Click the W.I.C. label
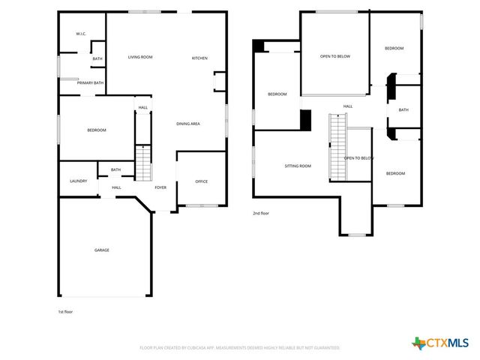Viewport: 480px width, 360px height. click(81, 34)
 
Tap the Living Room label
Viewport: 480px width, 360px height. click(140, 57)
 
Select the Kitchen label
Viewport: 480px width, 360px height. click(199, 58)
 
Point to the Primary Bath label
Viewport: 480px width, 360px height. click(90, 83)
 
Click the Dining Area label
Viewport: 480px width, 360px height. click(187, 124)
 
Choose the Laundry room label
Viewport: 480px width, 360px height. click(79, 181)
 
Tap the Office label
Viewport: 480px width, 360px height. click(201, 181)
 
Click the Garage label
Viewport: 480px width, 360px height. click(101, 250)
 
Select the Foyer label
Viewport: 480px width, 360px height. click(160, 187)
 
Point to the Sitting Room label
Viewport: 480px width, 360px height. click(298, 166)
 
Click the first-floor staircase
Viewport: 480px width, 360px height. click(142, 163)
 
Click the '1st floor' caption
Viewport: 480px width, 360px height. click(66, 311)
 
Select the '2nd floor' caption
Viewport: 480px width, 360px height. click(261, 214)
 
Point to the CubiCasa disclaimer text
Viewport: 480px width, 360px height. click(240, 348)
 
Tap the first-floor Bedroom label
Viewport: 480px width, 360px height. click(97, 130)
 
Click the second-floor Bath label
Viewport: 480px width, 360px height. click(403, 110)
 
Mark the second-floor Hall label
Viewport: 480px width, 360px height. click(348, 106)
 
